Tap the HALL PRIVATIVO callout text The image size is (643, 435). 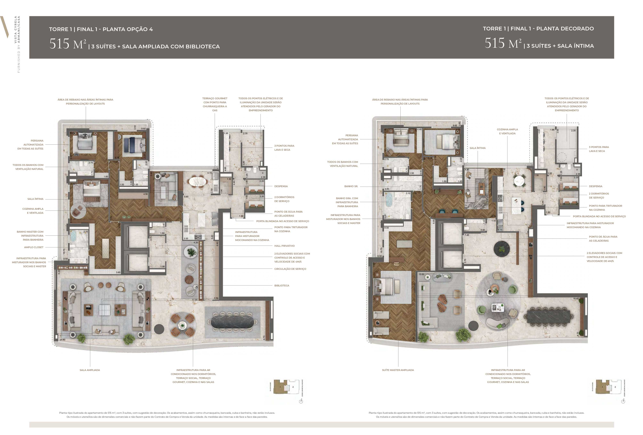(284, 246)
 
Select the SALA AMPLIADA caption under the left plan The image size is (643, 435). (90, 370)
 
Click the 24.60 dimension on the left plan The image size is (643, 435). (62, 340)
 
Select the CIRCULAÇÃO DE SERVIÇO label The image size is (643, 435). (290, 269)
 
